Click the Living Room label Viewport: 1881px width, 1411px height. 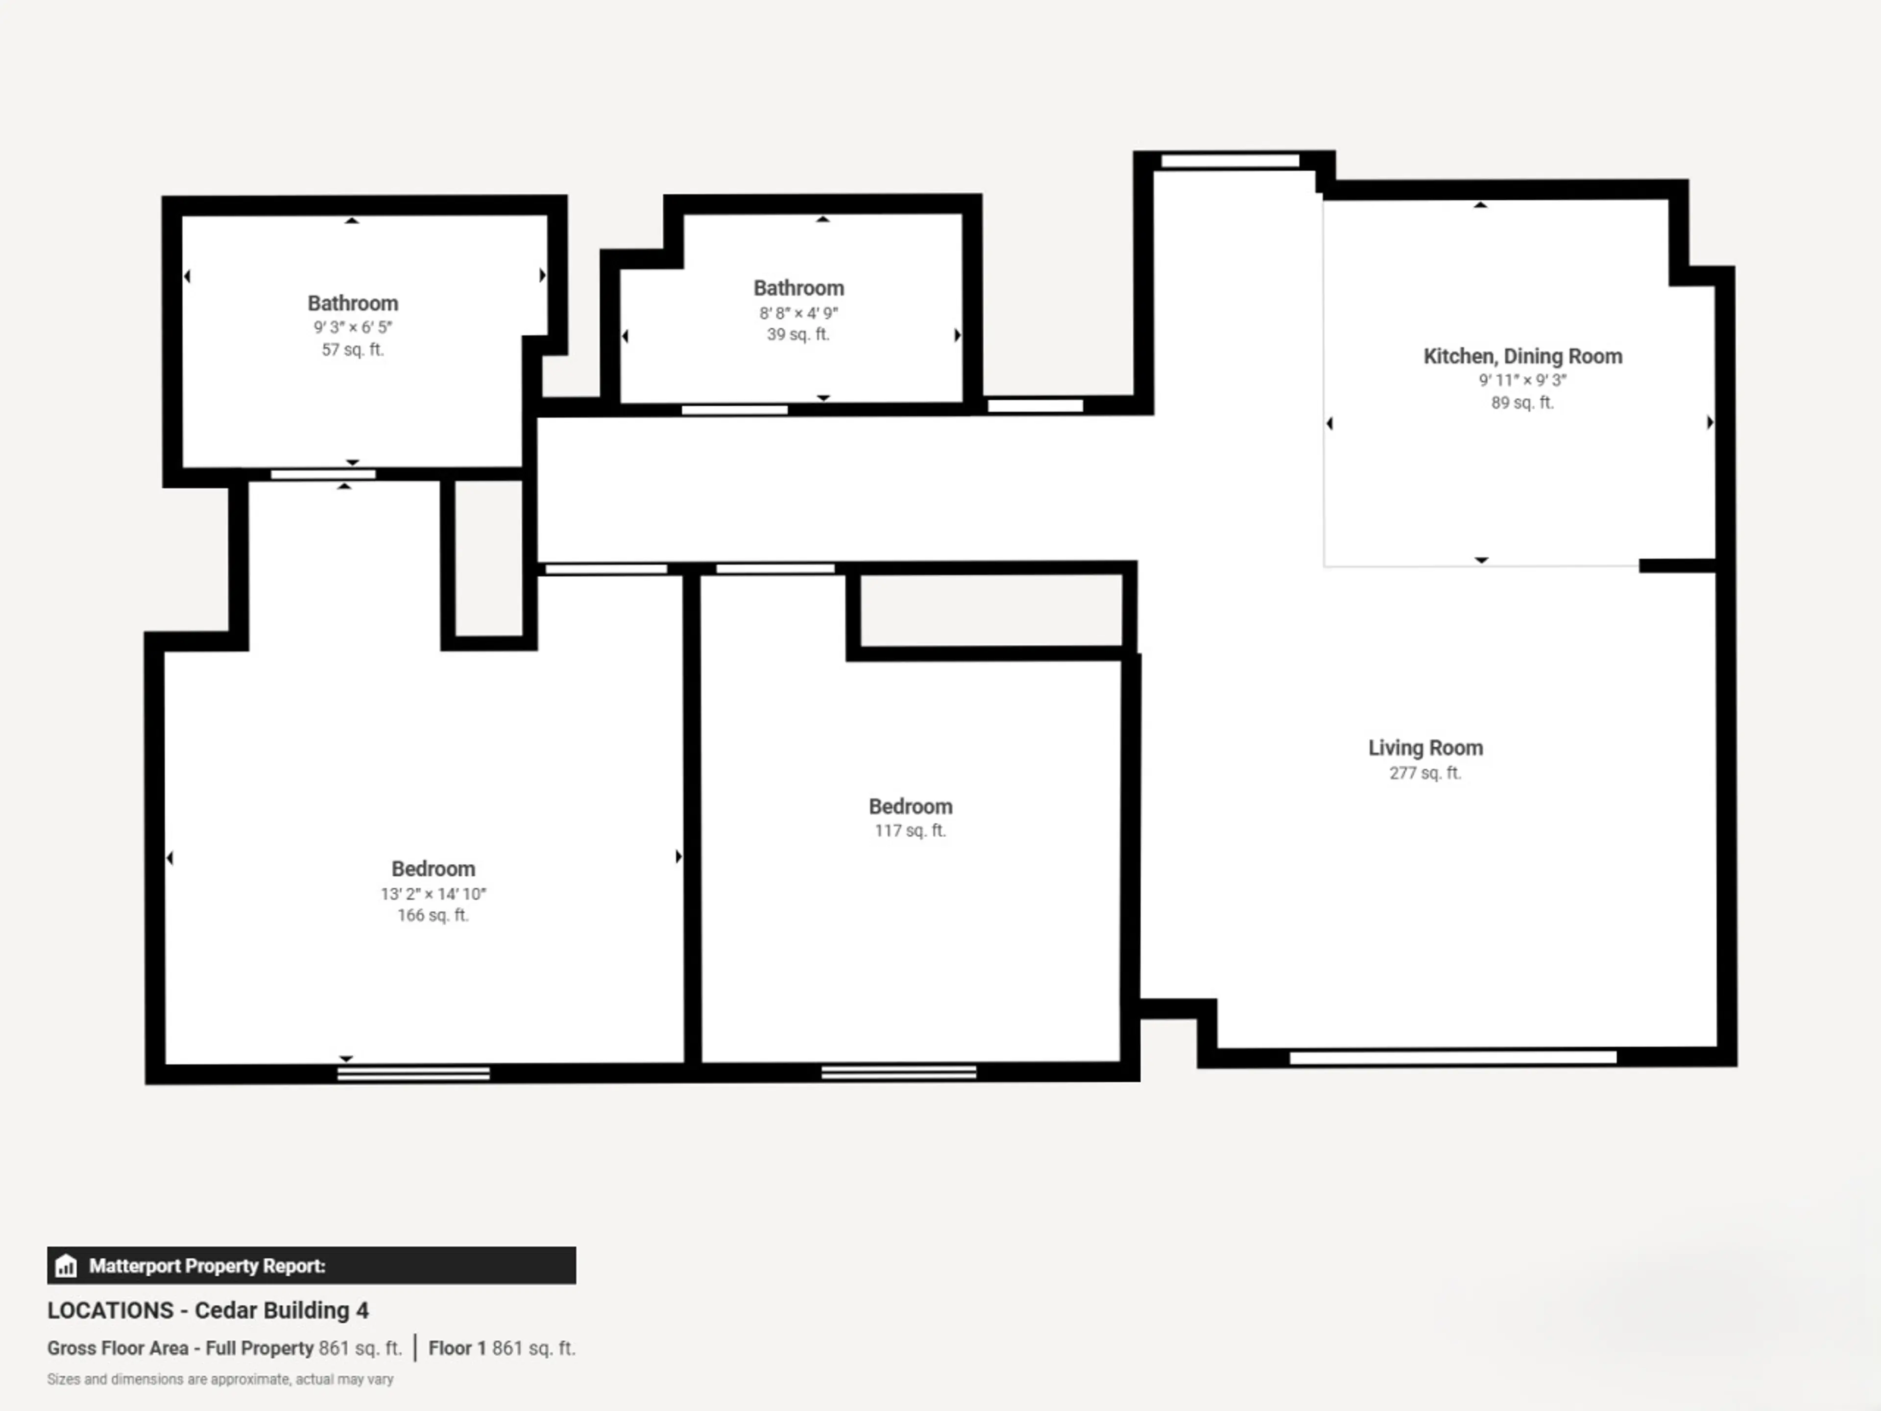pos(1425,748)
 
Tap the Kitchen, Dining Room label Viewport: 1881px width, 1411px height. pos(1522,356)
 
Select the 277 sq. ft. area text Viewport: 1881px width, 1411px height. pos(1425,773)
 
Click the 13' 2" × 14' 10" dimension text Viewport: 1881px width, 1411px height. pos(433,894)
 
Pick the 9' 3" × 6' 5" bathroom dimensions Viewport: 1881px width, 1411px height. pos(353,327)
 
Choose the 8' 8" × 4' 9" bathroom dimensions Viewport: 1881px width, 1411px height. pos(798,313)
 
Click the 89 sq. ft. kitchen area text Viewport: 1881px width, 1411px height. pos(1522,402)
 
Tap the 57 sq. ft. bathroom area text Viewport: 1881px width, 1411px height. pos(353,349)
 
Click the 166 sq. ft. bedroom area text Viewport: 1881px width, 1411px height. pos(433,915)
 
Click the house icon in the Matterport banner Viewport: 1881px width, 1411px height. pos(66,1265)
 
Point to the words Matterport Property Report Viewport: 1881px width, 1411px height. pos(208,1265)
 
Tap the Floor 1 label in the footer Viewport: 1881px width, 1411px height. pos(458,1348)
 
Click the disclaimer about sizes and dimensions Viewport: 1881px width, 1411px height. pos(220,1379)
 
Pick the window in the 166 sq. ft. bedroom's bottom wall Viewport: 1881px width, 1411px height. pos(413,1073)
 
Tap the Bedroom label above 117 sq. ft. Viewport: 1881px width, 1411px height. pos(910,806)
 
